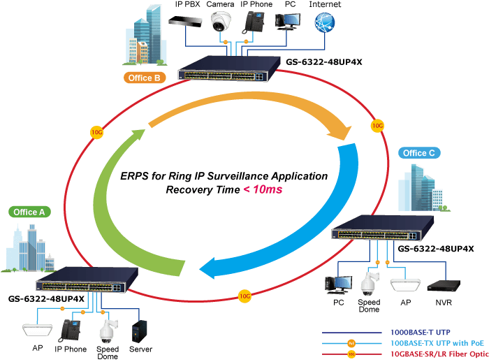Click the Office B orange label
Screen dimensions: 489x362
(x=145, y=78)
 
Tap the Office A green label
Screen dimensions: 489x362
(x=29, y=212)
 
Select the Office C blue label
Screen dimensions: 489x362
(x=419, y=153)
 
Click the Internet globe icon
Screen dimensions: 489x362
(x=325, y=22)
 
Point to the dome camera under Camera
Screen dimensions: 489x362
(x=221, y=22)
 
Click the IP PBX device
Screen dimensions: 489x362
(x=185, y=22)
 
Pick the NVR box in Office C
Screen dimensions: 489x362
(x=444, y=286)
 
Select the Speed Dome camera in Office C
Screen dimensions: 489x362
(x=370, y=283)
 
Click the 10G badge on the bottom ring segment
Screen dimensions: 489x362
(x=245, y=296)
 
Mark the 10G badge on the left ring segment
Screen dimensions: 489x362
(x=96, y=132)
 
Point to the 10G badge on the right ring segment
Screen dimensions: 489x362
(x=377, y=126)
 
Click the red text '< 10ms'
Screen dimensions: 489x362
(x=263, y=189)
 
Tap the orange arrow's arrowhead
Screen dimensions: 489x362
(x=340, y=131)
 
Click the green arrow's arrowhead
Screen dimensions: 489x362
(x=136, y=136)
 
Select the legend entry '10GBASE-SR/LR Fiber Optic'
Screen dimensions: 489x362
(x=439, y=354)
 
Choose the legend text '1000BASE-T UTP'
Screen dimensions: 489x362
(x=421, y=333)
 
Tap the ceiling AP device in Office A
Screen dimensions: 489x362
(x=38, y=330)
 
